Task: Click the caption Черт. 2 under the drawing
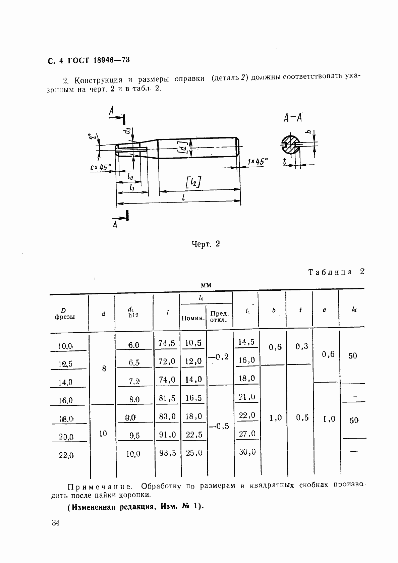[206, 244]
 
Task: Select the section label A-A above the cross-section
[292, 118]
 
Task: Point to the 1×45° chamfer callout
[258, 162]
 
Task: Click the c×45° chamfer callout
[100, 167]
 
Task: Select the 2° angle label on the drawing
[92, 137]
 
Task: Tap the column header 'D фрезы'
[64, 314]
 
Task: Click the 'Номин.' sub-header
[193, 318]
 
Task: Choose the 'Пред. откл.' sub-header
[219, 317]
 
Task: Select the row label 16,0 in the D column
[65, 400]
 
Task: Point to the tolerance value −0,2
[219, 357]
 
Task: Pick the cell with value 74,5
[167, 343]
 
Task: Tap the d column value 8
[104, 369]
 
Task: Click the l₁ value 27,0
[247, 434]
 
